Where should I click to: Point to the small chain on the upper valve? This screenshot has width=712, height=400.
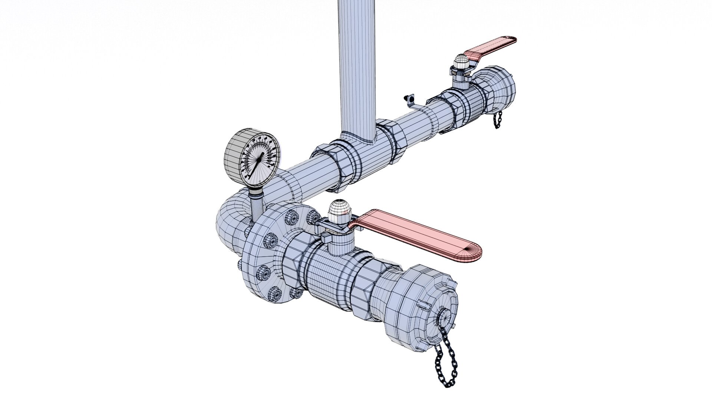coord(497,119)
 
